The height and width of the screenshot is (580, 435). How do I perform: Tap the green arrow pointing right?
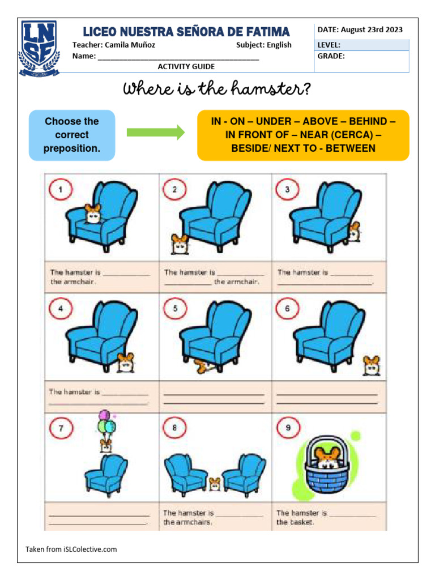tap(156, 133)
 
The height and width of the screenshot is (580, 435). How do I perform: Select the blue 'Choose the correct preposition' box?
tap(72, 135)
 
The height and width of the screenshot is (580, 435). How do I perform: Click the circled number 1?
tap(61, 190)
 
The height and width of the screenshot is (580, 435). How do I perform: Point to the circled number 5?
tap(175, 309)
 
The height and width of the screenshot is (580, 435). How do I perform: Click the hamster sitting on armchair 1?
tap(92, 214)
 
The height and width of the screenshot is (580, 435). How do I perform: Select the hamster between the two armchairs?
tap(215, 484)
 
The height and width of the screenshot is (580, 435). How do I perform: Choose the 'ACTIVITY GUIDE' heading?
tap(186, 66)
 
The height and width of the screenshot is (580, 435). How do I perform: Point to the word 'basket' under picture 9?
tap(301, 522)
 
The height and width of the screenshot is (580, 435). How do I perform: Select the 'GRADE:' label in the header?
tap(331, 56)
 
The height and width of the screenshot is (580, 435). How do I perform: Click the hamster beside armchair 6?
tap(372, 365)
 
